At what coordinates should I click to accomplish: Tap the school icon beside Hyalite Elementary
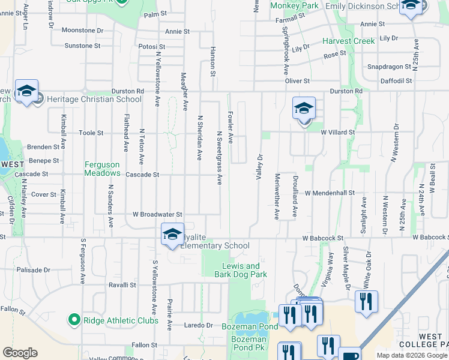(x=172, y=234)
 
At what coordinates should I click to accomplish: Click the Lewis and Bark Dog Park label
(x=241, y=270)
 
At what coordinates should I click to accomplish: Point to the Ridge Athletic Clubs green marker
(x=74, y=320)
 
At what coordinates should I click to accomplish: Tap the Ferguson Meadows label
(x=102, y=169)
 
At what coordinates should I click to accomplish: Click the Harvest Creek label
(x=349, y=41)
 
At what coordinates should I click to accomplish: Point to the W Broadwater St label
(x=157, y=214)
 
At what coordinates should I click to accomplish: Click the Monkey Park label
(x=294, y=5)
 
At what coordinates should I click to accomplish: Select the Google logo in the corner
(x=20, y=352)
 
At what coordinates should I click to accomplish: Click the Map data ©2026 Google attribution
(x=411, y=355)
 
